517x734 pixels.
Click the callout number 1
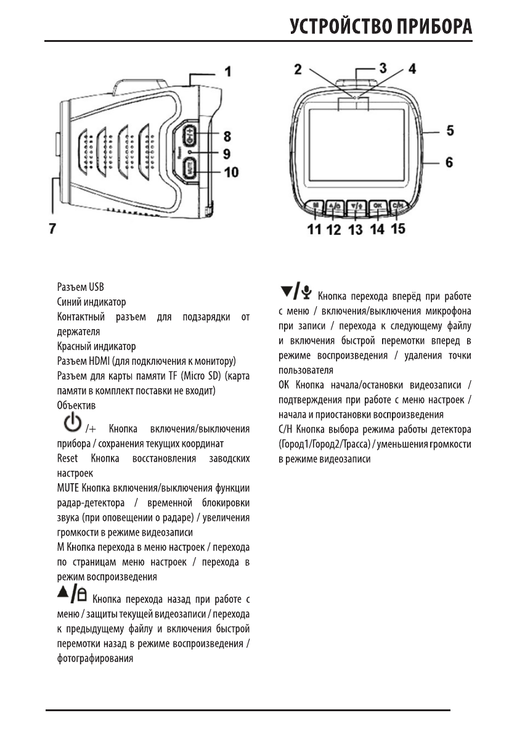pyautogui.click(x=227, y=72)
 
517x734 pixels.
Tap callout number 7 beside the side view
pyautogui.click(x=52, y=228)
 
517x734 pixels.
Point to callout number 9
pyautogui.click(x=227, y=153)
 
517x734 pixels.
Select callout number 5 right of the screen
pyautogui.click(x=450, y=131)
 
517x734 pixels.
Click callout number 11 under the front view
pyautogui.click(x=314, y=229)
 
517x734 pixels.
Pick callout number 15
pyautogui.click(x=398, y=229)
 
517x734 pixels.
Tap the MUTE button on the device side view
pyautogui.click(x=190, y=167)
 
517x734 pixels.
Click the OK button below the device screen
pyautogui.click(x=377, y=206)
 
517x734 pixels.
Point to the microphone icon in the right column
pyautogui.click(x=307, y=289)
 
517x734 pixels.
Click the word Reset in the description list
pyautogui.click(x=67, y=459)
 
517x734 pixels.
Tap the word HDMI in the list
pyautogui.click(x=96, y=361)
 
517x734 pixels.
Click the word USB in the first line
pyautogui.click(x=97, y=287)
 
